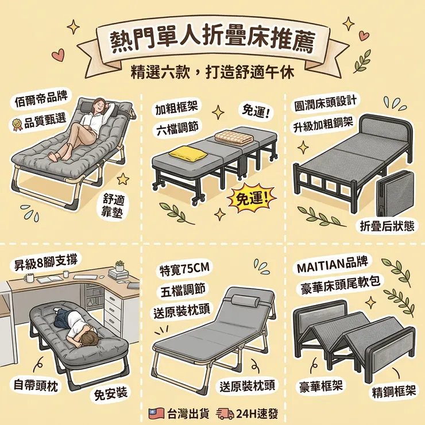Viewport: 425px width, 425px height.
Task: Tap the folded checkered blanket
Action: click(x=234, y=138)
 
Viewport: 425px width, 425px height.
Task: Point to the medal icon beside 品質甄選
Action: click(x=17, y=125)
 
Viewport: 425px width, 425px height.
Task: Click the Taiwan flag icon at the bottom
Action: click(x=156, y=414)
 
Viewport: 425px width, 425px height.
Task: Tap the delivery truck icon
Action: click(x=225, y=414)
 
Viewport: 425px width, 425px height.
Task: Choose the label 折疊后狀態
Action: click(x=387, y=226)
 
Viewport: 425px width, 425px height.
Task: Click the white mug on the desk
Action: click(x=29, y=277)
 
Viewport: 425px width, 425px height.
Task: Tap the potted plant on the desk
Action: click(x=119, y=266)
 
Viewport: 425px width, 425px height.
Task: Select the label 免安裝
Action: click(x=111, y=393)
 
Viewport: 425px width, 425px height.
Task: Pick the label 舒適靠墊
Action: click(x=112, y=206)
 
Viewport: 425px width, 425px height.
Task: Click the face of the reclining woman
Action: click(x=100, y=105)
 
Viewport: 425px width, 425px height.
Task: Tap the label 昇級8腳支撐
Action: click(x=45, y=261)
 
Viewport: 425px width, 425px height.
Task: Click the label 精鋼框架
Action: click(x=393, y=392)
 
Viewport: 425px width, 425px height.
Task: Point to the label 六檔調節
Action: click(x=177, y=127)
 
